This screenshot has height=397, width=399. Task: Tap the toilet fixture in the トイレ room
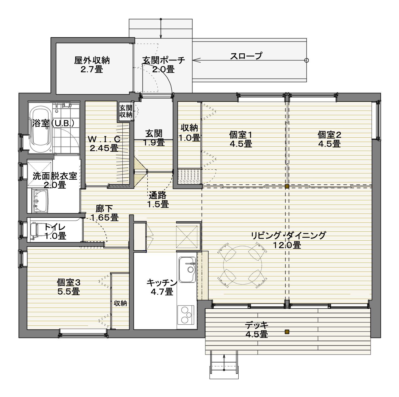(x=35, y=231)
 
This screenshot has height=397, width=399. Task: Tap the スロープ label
(x=246, y=56)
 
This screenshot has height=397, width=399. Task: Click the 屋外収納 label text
(x=92, y=60)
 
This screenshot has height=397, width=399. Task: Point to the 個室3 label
(x=69, y=282)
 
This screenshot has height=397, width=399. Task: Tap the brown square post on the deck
(x=287, y=332)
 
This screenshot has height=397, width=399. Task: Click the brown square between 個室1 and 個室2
(x=287, y=186)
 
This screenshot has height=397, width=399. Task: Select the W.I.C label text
(x=104, y=139)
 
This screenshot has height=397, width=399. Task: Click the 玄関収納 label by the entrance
(x=126, y=111)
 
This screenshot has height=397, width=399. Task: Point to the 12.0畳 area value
(x=287, y=245)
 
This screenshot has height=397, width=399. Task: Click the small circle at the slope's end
(x=307, y=60)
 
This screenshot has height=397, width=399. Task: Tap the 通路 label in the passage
(x=158, y=195)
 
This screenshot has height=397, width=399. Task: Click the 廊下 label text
(x=104, y=209)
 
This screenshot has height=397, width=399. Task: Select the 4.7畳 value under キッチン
(x=162, y=292)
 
